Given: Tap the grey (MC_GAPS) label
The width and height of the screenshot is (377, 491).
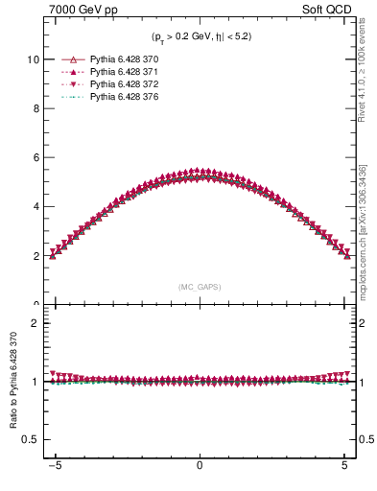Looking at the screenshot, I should coord(199,286).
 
